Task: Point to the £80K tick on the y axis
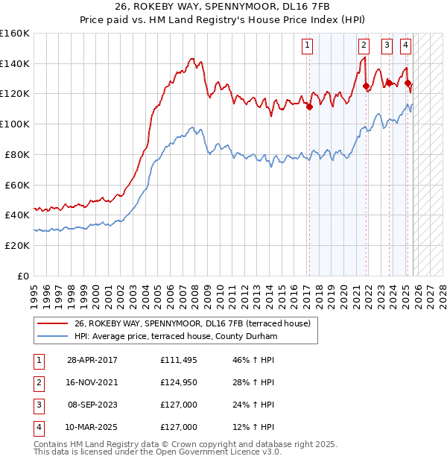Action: coord(16,154)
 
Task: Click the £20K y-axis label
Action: coord(16,245)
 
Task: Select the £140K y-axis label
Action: coord(15,63)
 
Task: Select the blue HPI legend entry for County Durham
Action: coord(175,337)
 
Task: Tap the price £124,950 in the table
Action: coord(179,382)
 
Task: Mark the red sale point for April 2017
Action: coord(308,107)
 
